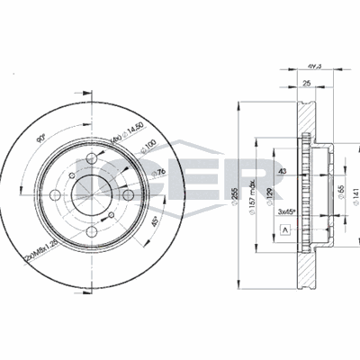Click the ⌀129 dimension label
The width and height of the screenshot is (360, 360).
coord(268,191)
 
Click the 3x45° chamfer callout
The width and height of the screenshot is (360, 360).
coord(287,211)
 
